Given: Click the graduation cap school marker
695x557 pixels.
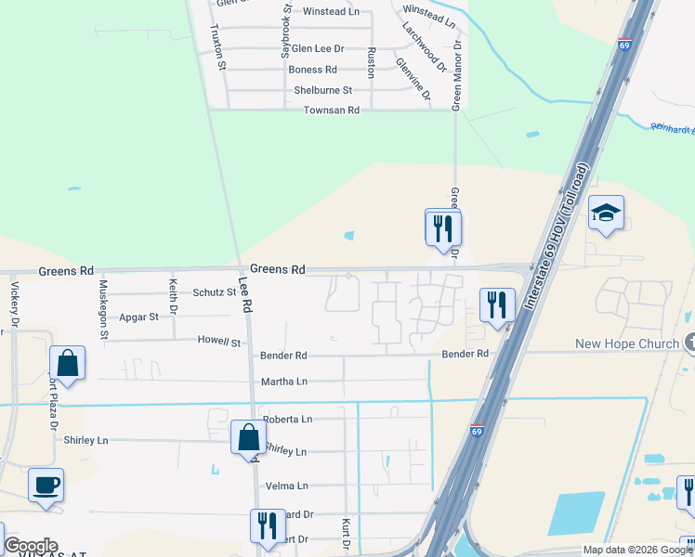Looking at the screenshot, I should pos(606,214).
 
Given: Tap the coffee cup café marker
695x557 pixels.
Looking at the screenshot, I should pos(46,485).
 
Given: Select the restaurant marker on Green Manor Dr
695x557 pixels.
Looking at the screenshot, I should pos(443,227).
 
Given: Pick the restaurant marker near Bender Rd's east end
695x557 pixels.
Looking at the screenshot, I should pos(497,304).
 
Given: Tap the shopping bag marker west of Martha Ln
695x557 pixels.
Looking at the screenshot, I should pos(68,363).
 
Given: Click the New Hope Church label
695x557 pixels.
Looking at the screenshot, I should pos(627,343).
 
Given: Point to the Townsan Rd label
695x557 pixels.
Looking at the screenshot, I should pos(331,110).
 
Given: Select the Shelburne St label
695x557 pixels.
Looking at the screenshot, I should pos(322,90).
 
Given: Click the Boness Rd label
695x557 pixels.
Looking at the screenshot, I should pos(312,70).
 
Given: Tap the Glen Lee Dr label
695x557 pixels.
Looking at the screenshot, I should pos(317,48).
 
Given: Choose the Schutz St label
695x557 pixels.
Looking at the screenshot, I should pos(215,291).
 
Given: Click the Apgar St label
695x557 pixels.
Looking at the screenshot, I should pos(138,317).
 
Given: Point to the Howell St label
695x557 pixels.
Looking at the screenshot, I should pos(218,343).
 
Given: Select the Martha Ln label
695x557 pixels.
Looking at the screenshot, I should pos(284,382).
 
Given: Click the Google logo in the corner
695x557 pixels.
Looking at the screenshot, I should pos(31,546).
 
